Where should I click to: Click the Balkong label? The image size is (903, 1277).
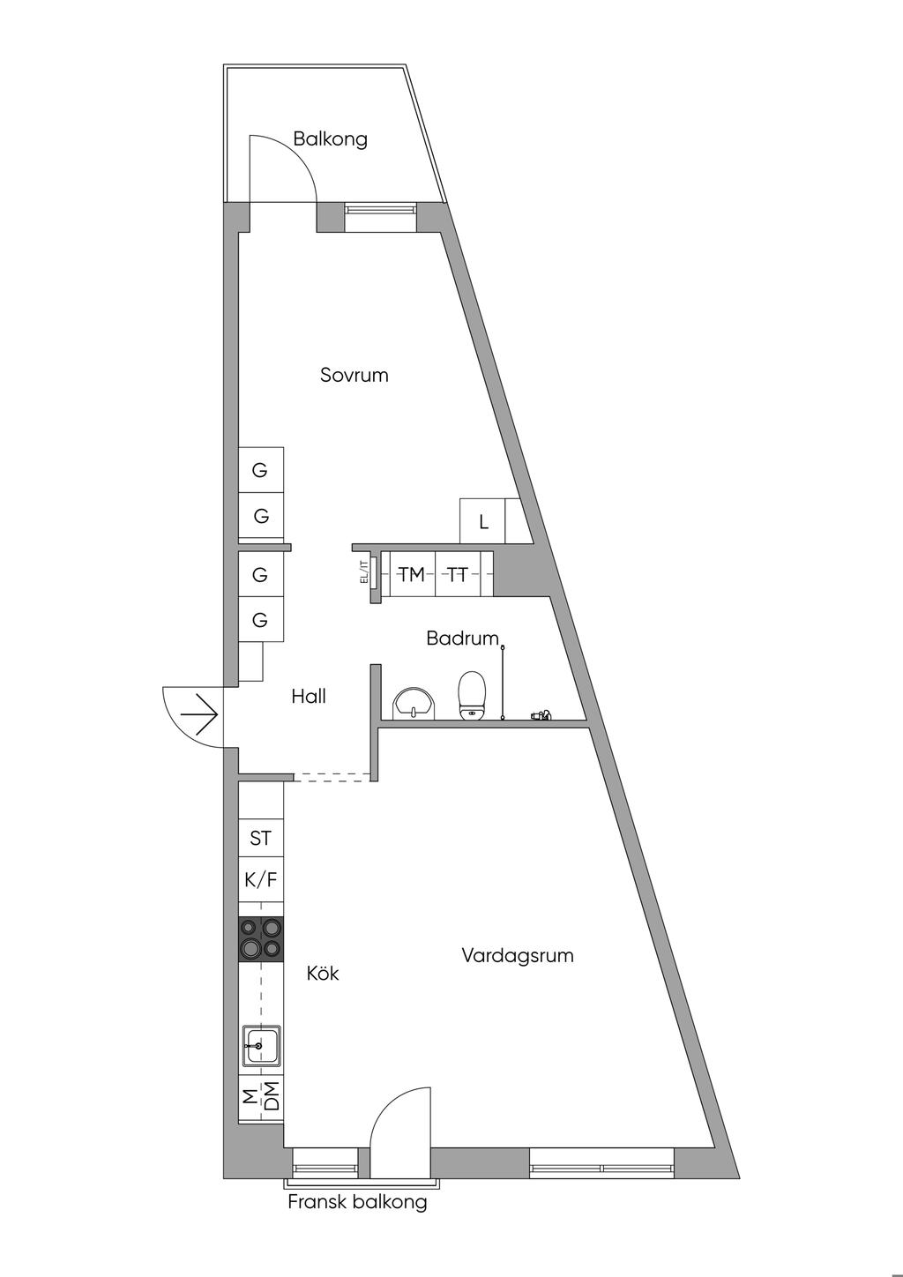(x=330, y=139)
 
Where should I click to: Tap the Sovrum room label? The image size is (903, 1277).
(x=354, y=376)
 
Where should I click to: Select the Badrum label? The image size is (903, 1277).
(x=462, y=638)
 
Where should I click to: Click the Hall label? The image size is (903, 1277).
(x=309, y=697)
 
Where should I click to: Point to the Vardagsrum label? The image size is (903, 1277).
(x=518, y=956)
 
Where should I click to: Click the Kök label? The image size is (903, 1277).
(x=323, y=974)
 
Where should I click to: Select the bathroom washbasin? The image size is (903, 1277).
(x=413, y=704)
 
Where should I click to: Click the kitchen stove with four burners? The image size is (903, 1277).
(x=261, y=938)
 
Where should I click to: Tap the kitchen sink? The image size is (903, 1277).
(x=261, y=1047)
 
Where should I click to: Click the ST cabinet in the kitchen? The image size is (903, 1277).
(x=261, y=838)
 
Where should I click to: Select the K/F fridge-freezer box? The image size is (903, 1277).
(x=261, y=880)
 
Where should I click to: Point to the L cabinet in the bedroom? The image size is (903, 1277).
(x=483, y=522)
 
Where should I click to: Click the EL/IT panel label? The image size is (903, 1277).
(x=363, y=573)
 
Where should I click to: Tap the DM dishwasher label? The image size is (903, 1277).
(x=272, y=1096)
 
